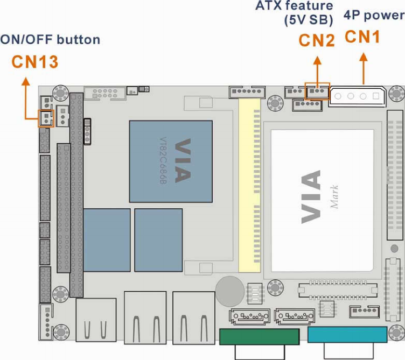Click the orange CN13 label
(x=35, y=62)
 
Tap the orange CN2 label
(x=317, y=40)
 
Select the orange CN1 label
(x=362, y=37)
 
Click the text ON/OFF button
(x=50, y=40)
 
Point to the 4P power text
(x=373, y=16)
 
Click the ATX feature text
(x=294, y=6)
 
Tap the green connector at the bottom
(x=259, y=336)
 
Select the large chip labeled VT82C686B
(x=171, y=161)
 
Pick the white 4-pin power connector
(x=357, y=97)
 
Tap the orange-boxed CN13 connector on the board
(x=46, y=118)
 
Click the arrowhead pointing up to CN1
(x=364, y=55)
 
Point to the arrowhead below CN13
(x=24, y=81)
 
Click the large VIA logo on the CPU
(x=311, y=196)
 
